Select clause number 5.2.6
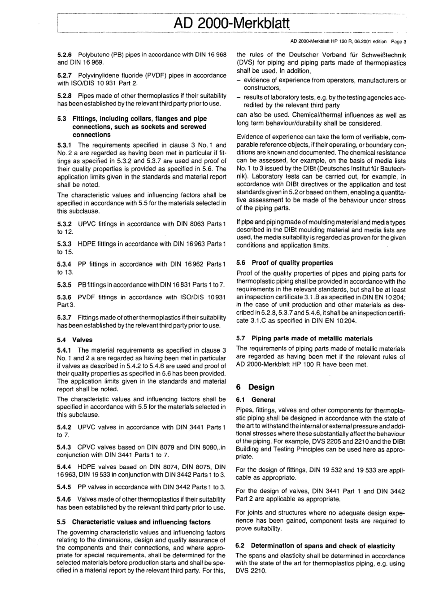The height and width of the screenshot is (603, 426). pyautogui.click(x=66, y=55)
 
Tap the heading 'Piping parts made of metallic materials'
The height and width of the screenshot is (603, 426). pyautogui.click(x=312, y=339)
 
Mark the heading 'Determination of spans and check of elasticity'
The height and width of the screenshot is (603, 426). pyautogui.click(x=323, y=546)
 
